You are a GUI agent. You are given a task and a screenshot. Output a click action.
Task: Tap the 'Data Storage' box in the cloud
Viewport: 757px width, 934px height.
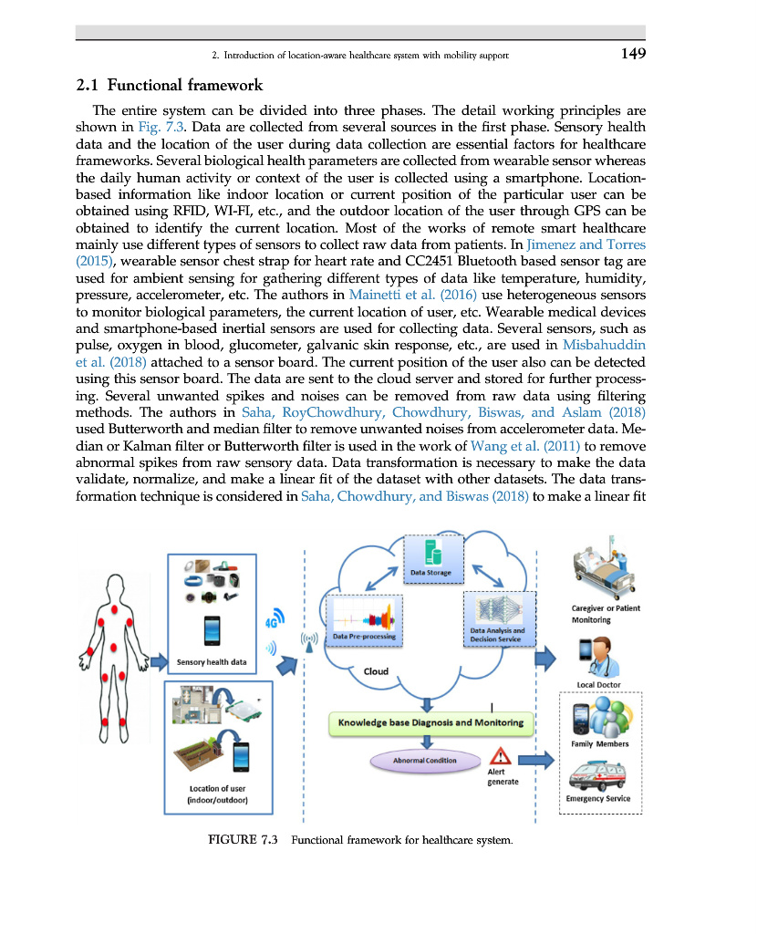pyautogui.click(x=435, y=561)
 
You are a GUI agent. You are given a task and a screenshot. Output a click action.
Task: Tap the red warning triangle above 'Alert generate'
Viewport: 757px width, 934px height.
pyautogui.click(x=500, y=756)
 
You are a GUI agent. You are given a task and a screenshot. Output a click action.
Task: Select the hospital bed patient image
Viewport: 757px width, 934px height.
pyautogui.click(x=604, y=574)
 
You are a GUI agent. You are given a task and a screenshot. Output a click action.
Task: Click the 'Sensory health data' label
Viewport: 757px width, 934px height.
pyautogui.click(x=211, y=662)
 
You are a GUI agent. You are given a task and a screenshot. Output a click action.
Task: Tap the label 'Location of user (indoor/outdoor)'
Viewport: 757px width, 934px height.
pyautogui.click(x=217, y=794)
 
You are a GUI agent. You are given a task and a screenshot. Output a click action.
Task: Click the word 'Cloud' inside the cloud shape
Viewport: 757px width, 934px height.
pyautogui.click(x=376, y=671)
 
